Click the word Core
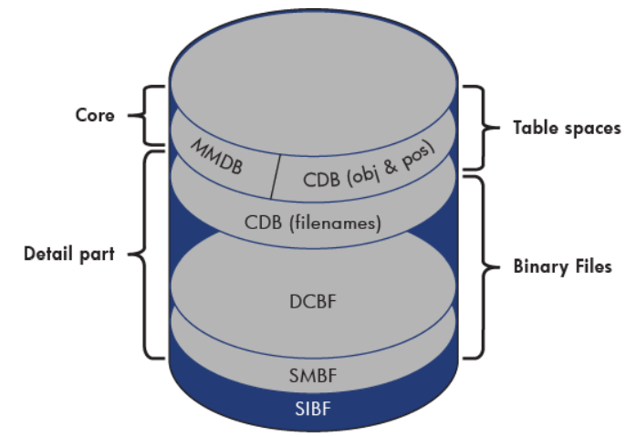click(96, 116)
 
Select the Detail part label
click(68, 254)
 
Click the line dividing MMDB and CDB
click(275, 175)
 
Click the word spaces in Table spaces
click(589, 127)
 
